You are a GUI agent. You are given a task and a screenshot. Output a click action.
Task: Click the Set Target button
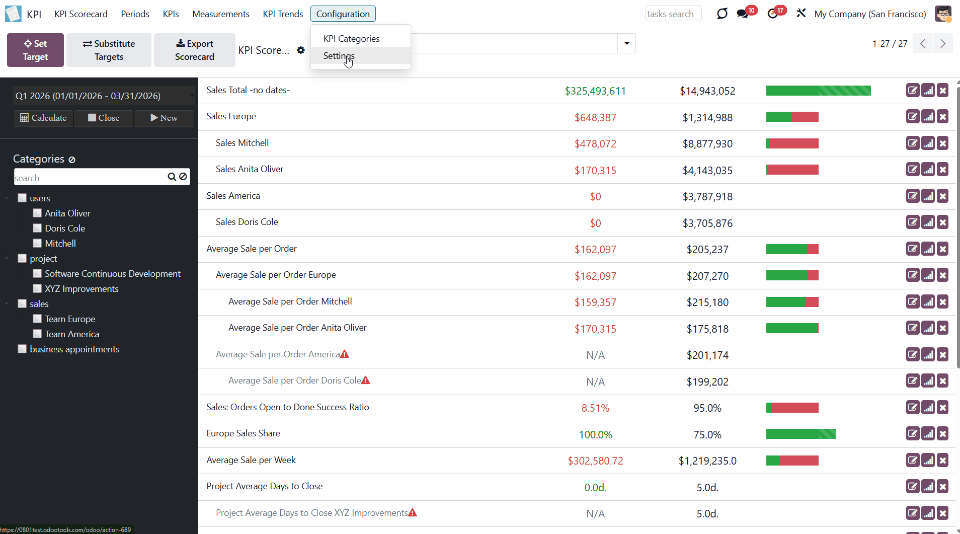pyautogui.click(x=35, y=50)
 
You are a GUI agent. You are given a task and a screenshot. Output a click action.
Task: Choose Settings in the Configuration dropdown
pyautogui.click(x=339, y=56)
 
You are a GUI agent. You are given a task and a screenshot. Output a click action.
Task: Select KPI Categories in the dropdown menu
pyautogui.click(x=351, y=39)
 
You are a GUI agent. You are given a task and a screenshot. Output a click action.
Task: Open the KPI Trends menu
pyautogui.click(x=283, y=14)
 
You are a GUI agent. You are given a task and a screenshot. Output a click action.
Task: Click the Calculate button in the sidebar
pyautogui.click(x=43, y=118)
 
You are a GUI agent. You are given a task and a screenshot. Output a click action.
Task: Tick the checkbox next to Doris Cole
pyautogui.click(x=37, y=228)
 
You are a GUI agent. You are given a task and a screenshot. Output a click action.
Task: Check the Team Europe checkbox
pyautogui.click(x=37, y=319)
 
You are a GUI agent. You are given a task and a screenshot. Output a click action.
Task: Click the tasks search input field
pyautogui.click(x=673, y=14)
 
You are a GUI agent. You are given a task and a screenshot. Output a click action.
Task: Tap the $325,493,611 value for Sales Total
pyautogui.click(x=595, y=91)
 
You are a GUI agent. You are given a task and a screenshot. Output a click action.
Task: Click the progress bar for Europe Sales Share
pyautogui.click(x=801, y=434)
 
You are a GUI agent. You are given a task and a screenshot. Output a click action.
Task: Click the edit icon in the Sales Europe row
pyautogui.click(x=913, y=117)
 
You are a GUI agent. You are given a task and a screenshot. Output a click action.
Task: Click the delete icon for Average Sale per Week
pyautogui.click(x=943, y=460)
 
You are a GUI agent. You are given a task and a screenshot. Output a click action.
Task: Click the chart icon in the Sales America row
pyautogui.click(x=928, y=196)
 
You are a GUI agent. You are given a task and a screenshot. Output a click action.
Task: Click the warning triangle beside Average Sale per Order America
pyautogui.click(x=345, y=354)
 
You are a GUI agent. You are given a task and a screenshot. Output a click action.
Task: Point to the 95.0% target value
pyautogui.click(x=707, y=408)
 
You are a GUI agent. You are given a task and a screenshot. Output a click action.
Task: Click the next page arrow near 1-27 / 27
pyautogui.click(x=943, y=44)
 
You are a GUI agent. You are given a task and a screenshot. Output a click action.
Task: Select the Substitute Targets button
pyautogui.click(x=109, y=50)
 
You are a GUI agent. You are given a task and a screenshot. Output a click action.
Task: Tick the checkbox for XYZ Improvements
pyautogui.click(x=37, y=288)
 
